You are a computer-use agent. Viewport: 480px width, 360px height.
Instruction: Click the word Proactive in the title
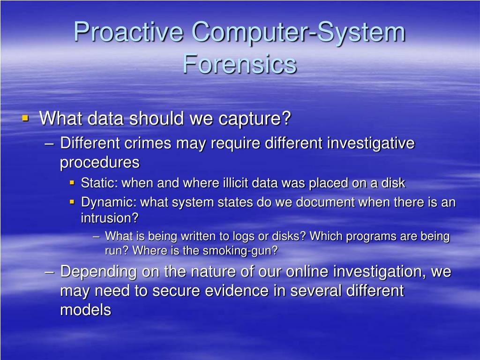pyautogui.click(x=127, y=33)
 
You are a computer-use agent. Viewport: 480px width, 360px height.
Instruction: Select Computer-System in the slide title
pyautogui.click(x=298, y=33)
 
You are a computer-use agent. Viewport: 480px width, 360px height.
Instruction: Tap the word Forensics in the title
pyautogui.click(x=240, y=64)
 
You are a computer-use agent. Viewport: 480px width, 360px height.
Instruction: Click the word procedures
pyautogui.click(x=99, y=163)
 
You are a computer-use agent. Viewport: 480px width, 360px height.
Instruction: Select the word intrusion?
pyautogui.click(x=110, y=218)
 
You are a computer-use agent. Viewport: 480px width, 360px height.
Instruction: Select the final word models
pyautogui.click(x=85, y=310)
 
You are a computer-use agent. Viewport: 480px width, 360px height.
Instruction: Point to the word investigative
pyautogui.click(x=370, y=143)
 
